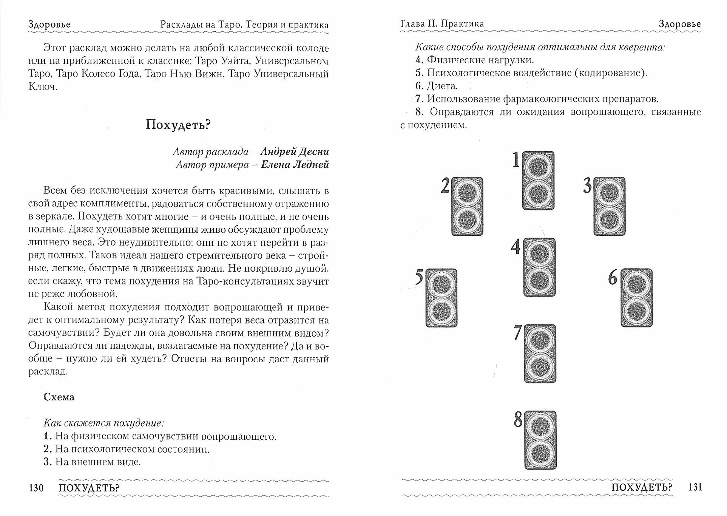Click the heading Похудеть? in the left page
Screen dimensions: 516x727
178,125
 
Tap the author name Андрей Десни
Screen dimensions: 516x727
295,152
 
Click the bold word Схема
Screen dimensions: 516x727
59,397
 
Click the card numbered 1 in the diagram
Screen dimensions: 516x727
539,181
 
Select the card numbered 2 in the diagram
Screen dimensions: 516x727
467,206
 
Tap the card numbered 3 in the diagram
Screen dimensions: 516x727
610,206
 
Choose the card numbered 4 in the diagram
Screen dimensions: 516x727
539,267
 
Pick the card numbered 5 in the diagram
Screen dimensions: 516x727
441,298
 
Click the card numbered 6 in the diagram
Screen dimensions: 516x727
637,298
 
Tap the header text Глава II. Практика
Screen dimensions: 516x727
442,24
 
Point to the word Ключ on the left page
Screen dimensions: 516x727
42,87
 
